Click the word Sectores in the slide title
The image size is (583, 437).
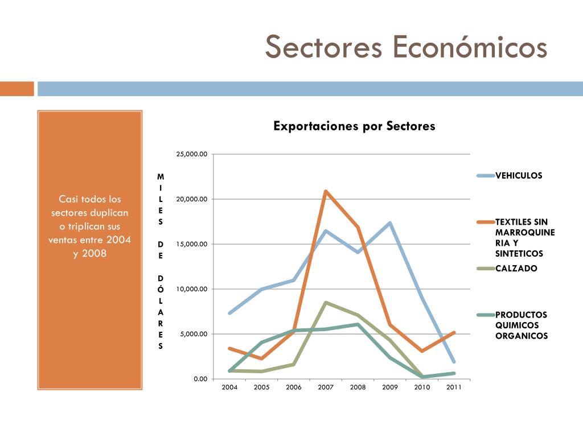[x=323, y=47]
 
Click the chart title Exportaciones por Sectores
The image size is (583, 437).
[x=354, y=126]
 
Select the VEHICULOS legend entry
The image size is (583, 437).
[x=510, y=175]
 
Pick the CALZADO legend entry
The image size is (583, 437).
[x=507, y=269]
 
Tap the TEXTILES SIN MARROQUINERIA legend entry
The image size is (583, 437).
[x=516, y=237]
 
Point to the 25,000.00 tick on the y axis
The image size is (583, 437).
[x=191, y=154]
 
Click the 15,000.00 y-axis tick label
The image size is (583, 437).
[x=191, y=244]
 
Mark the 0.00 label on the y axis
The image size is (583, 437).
[x=200, y=379]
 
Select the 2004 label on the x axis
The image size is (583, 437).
[x=229, y=387]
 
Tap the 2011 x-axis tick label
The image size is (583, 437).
[x=454, y=387]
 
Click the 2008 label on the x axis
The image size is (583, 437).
[x=358, y=387]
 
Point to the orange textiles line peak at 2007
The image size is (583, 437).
[x=326, y=191]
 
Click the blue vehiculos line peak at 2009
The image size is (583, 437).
[x=390, y=223]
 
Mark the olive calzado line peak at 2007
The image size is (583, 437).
[x=326, y=303]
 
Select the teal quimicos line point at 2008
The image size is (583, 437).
[x=358, y=324]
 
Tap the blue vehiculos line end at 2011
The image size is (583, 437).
[x=454, y=361]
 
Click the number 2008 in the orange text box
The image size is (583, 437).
[x=94, y=253]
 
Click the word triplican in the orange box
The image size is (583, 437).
[x=84, y=226]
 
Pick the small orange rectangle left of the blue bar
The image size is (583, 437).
[x=17, y=89]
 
